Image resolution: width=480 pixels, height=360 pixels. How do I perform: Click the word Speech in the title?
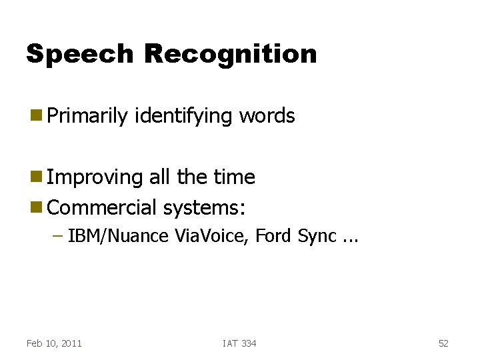[79, 54]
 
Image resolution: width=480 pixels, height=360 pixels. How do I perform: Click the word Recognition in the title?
[230, 54]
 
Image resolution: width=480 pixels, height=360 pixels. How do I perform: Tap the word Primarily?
[87, 116]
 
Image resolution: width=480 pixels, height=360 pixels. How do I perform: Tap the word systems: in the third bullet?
[204, 207]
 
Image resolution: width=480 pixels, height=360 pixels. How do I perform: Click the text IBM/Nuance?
[117, 236]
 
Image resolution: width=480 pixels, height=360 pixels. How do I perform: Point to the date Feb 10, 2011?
[54, 343]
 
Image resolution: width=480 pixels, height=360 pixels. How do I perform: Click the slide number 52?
[443, 343]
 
